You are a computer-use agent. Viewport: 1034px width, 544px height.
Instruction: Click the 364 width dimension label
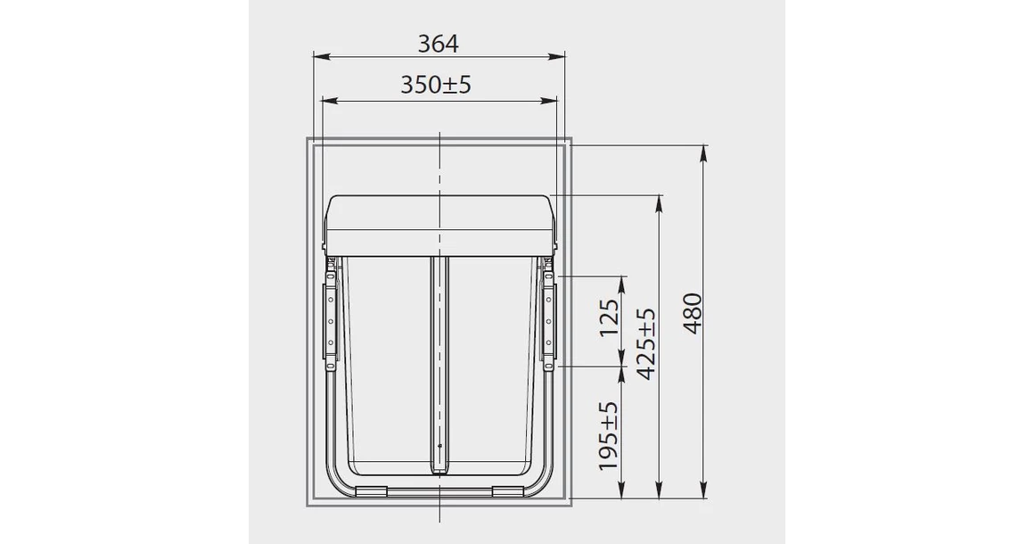pos(438,44)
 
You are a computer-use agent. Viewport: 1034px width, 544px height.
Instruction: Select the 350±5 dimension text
pos(436,85)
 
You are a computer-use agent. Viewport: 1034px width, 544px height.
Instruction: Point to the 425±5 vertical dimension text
pos(648,343)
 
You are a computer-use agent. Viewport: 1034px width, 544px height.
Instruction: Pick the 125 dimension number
pos(610,317)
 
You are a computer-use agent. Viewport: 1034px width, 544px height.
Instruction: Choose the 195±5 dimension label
pos(609,437)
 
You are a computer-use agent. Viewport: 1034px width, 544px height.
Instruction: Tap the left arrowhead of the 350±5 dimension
pos(328,101)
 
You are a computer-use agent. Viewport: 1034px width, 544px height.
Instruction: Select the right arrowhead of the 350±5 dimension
pos(549,101)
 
